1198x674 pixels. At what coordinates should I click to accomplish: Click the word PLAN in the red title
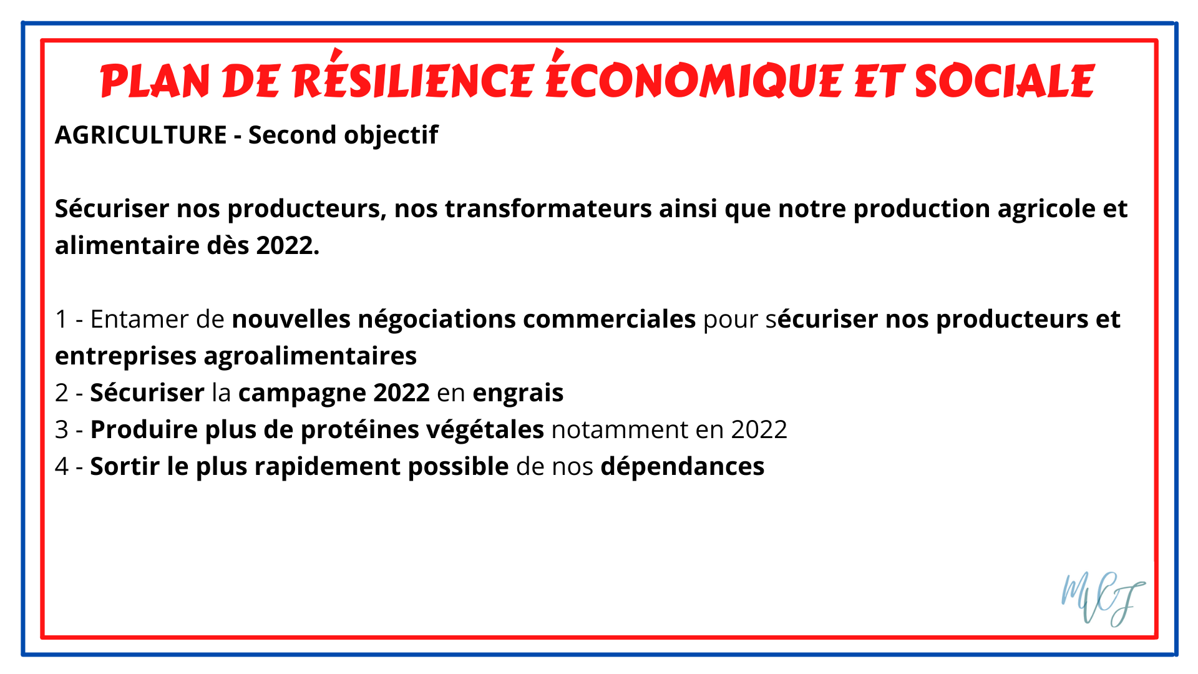(x=155, y=81)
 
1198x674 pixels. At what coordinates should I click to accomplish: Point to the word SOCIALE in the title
(x=1005, y=81)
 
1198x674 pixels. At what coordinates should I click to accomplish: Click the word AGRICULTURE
(x=141, y=135)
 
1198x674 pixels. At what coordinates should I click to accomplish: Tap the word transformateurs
(x=548, y=208)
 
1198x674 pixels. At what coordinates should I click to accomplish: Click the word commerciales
(x=609, y=319)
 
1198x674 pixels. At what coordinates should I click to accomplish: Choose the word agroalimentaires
(x=310, y=356)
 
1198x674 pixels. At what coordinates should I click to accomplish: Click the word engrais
(x=518, y=393)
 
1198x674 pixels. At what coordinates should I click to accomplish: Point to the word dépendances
(x=683, y=467)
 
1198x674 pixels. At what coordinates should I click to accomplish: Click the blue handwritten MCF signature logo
(x=1103, y=599)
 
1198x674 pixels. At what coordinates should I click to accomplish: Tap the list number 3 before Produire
(x=61, y=430)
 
